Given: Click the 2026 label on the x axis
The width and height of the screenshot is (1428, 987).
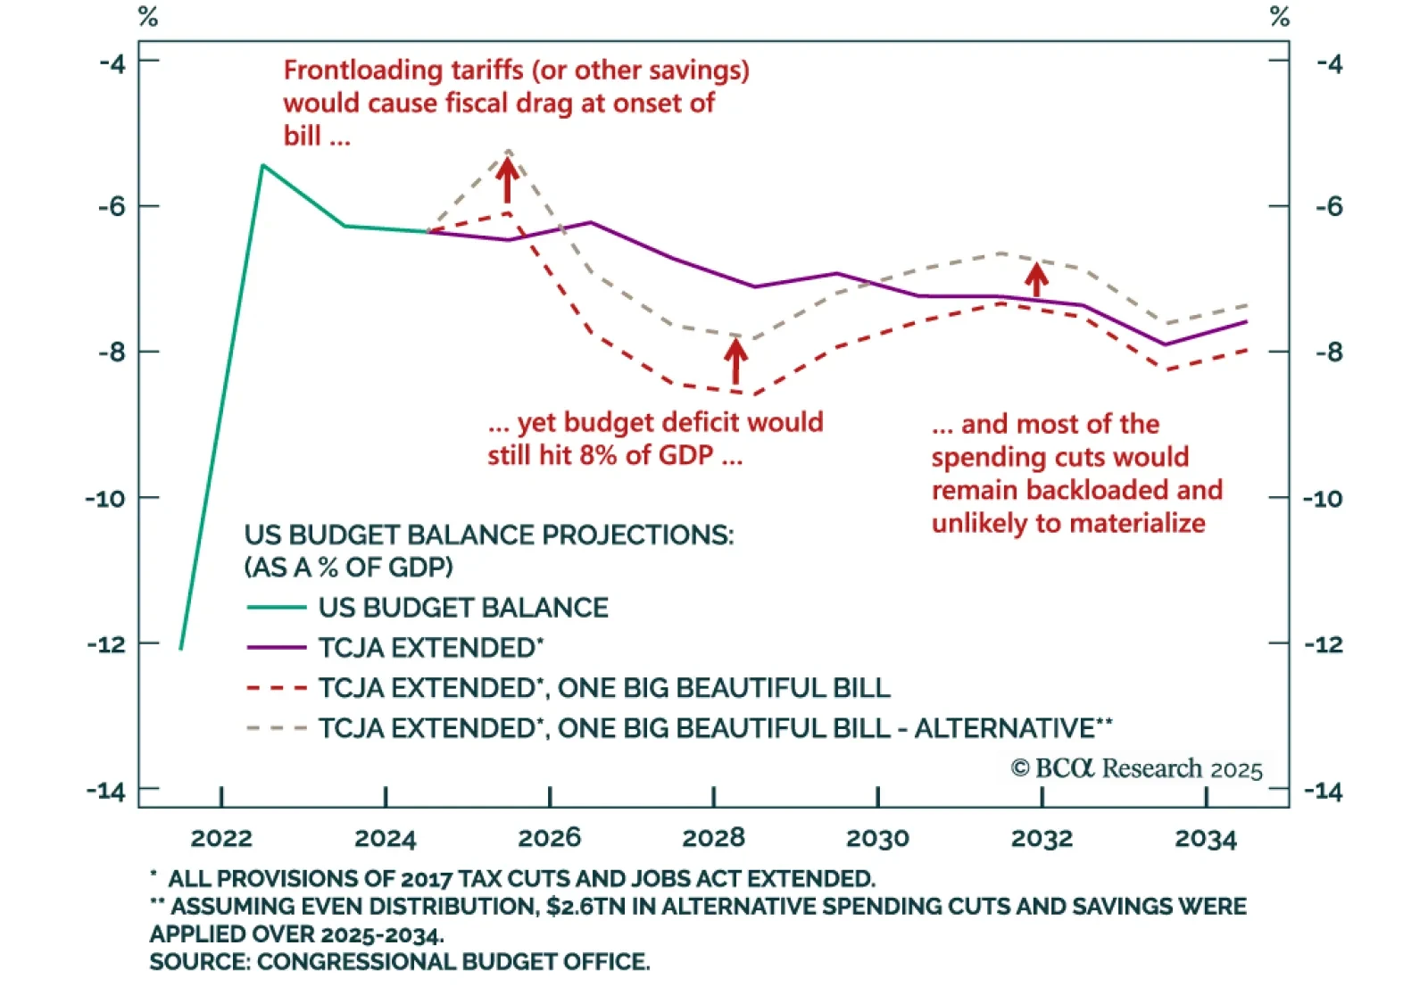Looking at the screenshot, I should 549,838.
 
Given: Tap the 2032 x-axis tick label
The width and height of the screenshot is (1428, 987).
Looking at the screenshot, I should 1042,839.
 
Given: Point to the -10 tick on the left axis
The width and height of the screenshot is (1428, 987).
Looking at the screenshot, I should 105,498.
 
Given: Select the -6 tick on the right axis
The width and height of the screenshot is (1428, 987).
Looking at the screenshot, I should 1329,206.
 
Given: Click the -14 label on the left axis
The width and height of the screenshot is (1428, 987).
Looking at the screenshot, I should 105,791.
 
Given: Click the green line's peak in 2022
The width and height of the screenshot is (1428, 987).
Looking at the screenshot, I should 262,165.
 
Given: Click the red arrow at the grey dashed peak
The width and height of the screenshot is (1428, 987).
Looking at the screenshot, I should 507,178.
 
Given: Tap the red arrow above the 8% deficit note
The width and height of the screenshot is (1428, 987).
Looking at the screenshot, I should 735,361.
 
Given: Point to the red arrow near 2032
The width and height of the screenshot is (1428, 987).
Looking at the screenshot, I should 1036,279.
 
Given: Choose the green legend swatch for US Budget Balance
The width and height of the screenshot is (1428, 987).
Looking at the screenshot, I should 277,608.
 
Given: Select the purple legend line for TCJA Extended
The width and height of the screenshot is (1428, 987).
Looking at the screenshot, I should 277,648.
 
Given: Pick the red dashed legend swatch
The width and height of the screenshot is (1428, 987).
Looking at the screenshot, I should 277,688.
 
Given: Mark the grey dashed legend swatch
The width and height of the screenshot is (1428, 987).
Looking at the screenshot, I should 277,728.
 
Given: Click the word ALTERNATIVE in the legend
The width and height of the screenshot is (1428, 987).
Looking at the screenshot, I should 1004,728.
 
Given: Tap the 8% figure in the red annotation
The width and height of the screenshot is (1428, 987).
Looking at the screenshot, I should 598,455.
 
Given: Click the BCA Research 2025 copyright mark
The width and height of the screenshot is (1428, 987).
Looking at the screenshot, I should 1136,768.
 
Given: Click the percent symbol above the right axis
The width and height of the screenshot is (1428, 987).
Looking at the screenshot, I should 1280,17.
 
